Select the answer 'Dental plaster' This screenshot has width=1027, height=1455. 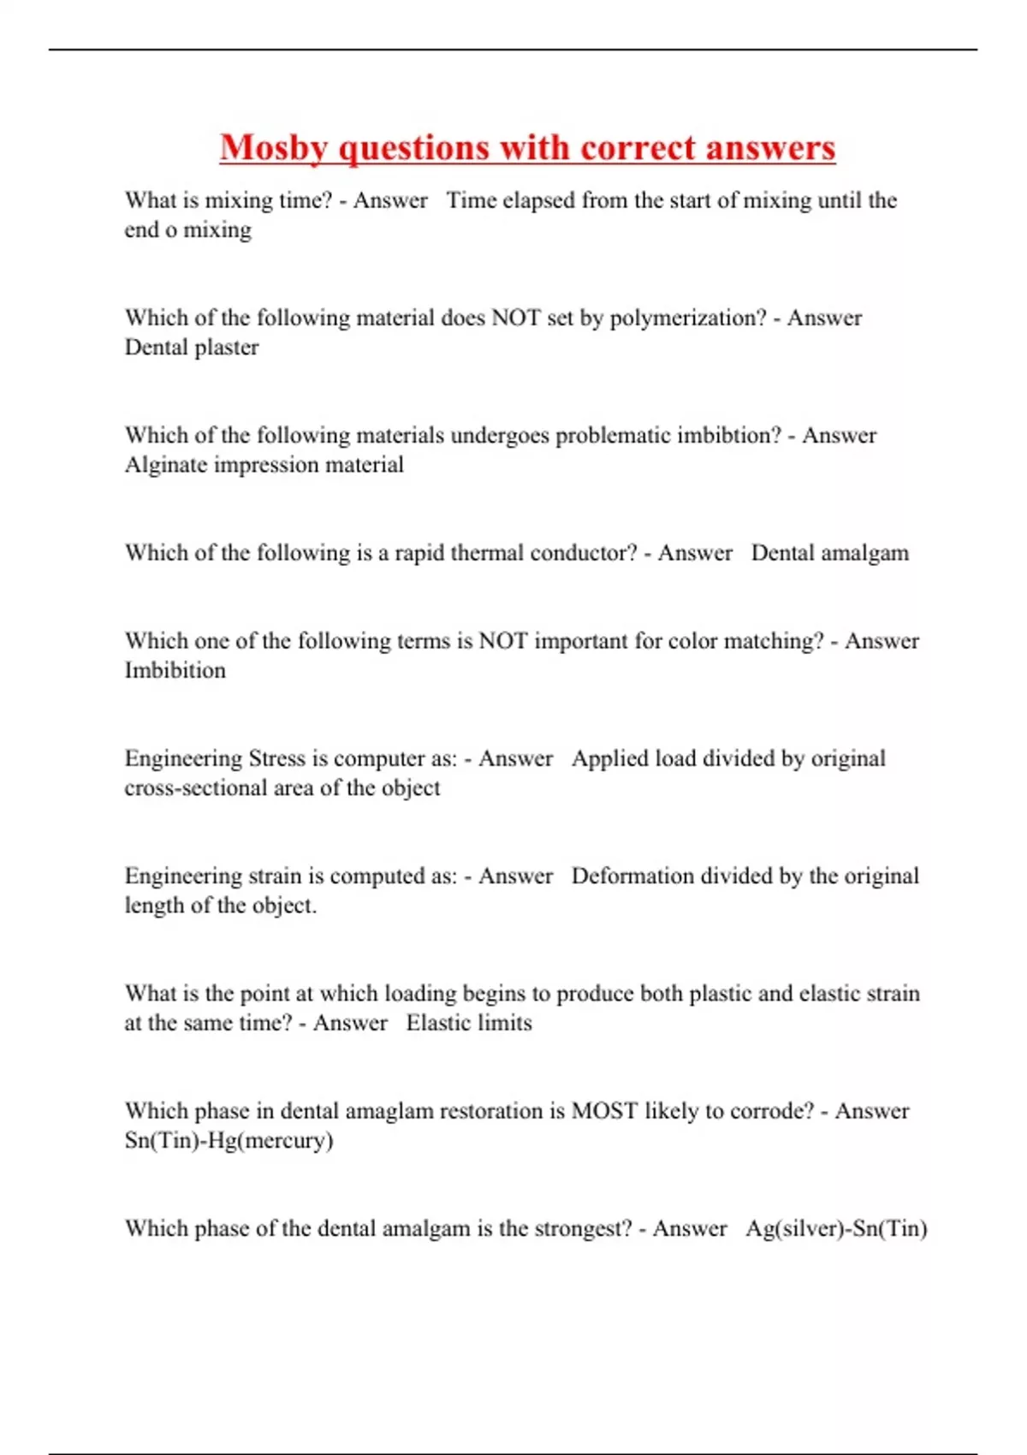[192, 347]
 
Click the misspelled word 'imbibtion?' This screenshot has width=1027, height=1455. [728, 435]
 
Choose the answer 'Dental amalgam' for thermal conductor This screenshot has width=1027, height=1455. [829, 553]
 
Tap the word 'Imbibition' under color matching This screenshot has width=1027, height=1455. [175, 670]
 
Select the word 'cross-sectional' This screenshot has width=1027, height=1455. [195, 788]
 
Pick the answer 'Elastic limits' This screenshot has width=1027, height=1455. [469, 1023]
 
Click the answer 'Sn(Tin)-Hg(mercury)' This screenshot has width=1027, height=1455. [229, 1141]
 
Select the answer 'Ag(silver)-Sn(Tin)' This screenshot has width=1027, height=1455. [836, 1229]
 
